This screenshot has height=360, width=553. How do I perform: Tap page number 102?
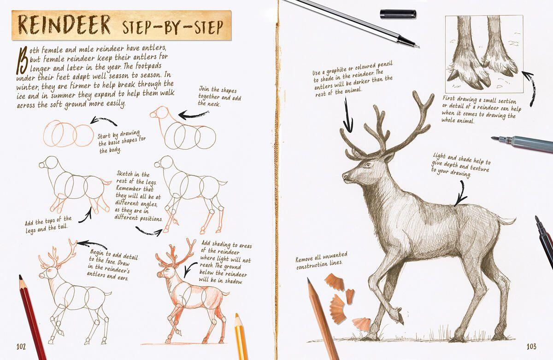(23, 346)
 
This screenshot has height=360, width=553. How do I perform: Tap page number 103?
(532, 346)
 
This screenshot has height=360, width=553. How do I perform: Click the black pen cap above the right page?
(398, 14)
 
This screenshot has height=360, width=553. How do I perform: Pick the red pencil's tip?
(20, 278)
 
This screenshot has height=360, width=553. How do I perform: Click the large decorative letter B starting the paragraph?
(21, 59)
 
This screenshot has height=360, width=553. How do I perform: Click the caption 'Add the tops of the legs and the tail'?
(48, 224)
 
